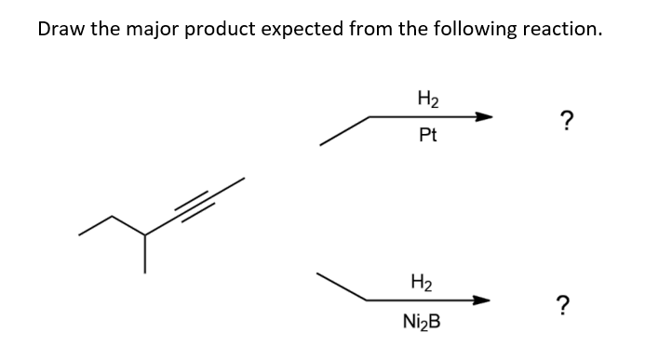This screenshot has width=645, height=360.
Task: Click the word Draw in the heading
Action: pos(61,28)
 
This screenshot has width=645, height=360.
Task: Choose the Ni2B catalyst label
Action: pos(423,322)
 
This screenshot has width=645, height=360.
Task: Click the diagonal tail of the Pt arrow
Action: pos(344,130)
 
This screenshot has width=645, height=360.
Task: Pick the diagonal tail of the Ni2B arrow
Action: pos(341,287)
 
